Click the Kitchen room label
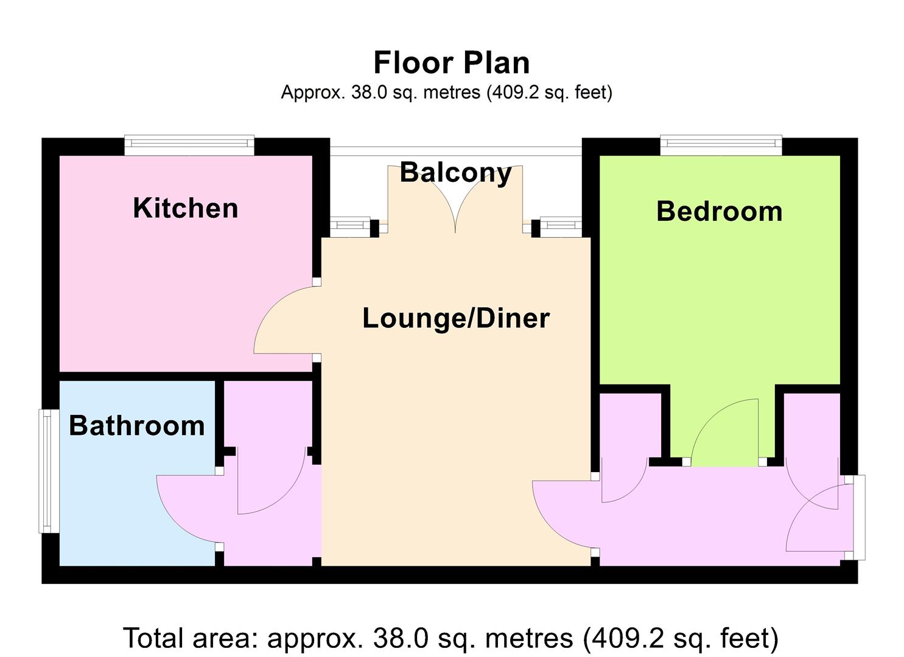point(186,209)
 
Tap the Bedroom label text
point(720,211)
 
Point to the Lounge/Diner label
point(456,319)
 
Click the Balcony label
point(456,173)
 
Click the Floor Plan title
point(452,63)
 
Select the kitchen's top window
point(189,145)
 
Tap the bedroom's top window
point(721,145)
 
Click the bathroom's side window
point(49,471)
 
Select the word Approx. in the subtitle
point(313,92)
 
